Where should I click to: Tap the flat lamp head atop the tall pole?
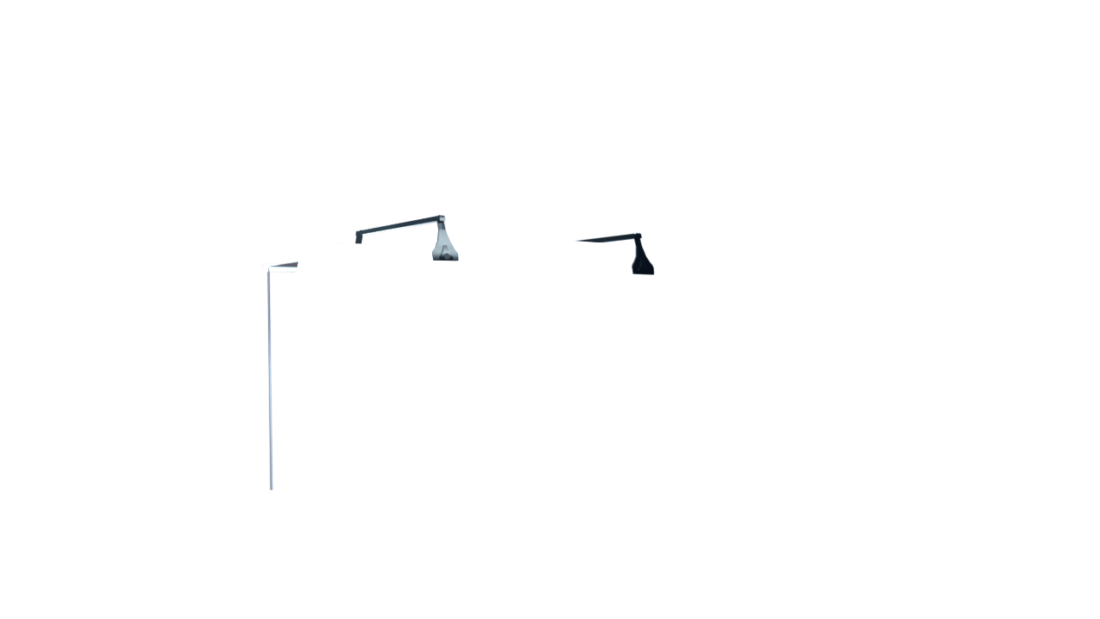pos(280,267)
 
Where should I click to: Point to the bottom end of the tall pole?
pos(272,488)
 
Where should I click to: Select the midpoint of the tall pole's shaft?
pos(270,381)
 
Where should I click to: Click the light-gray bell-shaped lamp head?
pos(444,246)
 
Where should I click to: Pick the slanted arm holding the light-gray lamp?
pos(400,225)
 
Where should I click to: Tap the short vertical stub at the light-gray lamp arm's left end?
pos(358,236)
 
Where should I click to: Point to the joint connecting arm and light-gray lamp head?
pos(441,218)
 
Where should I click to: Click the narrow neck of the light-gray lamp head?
pos(442,229)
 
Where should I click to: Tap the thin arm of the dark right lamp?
pos(606,238)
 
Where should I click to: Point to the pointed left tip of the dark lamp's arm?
pos(572,241)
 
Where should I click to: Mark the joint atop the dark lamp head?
pos(636,235)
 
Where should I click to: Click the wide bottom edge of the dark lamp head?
pos(643,273)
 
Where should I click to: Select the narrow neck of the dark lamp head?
pos(639,246)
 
